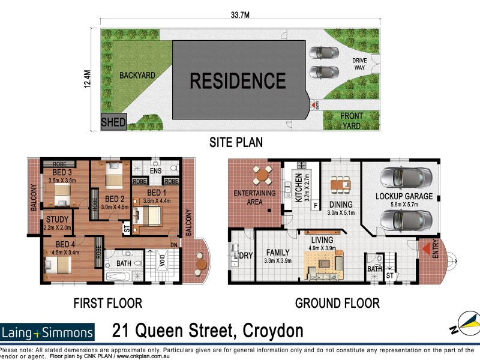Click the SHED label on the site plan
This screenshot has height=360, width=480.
113,122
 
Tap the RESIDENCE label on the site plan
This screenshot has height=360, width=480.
238,80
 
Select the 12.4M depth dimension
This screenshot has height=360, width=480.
88,80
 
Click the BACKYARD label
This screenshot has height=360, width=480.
137,76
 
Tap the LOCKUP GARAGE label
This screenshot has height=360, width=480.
404,196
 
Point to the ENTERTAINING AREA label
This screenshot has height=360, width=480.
254,197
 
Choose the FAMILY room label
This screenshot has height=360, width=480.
277,253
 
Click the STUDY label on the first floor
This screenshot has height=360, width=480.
56,220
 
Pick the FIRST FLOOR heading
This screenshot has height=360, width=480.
107,303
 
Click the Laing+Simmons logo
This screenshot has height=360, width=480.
48,332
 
